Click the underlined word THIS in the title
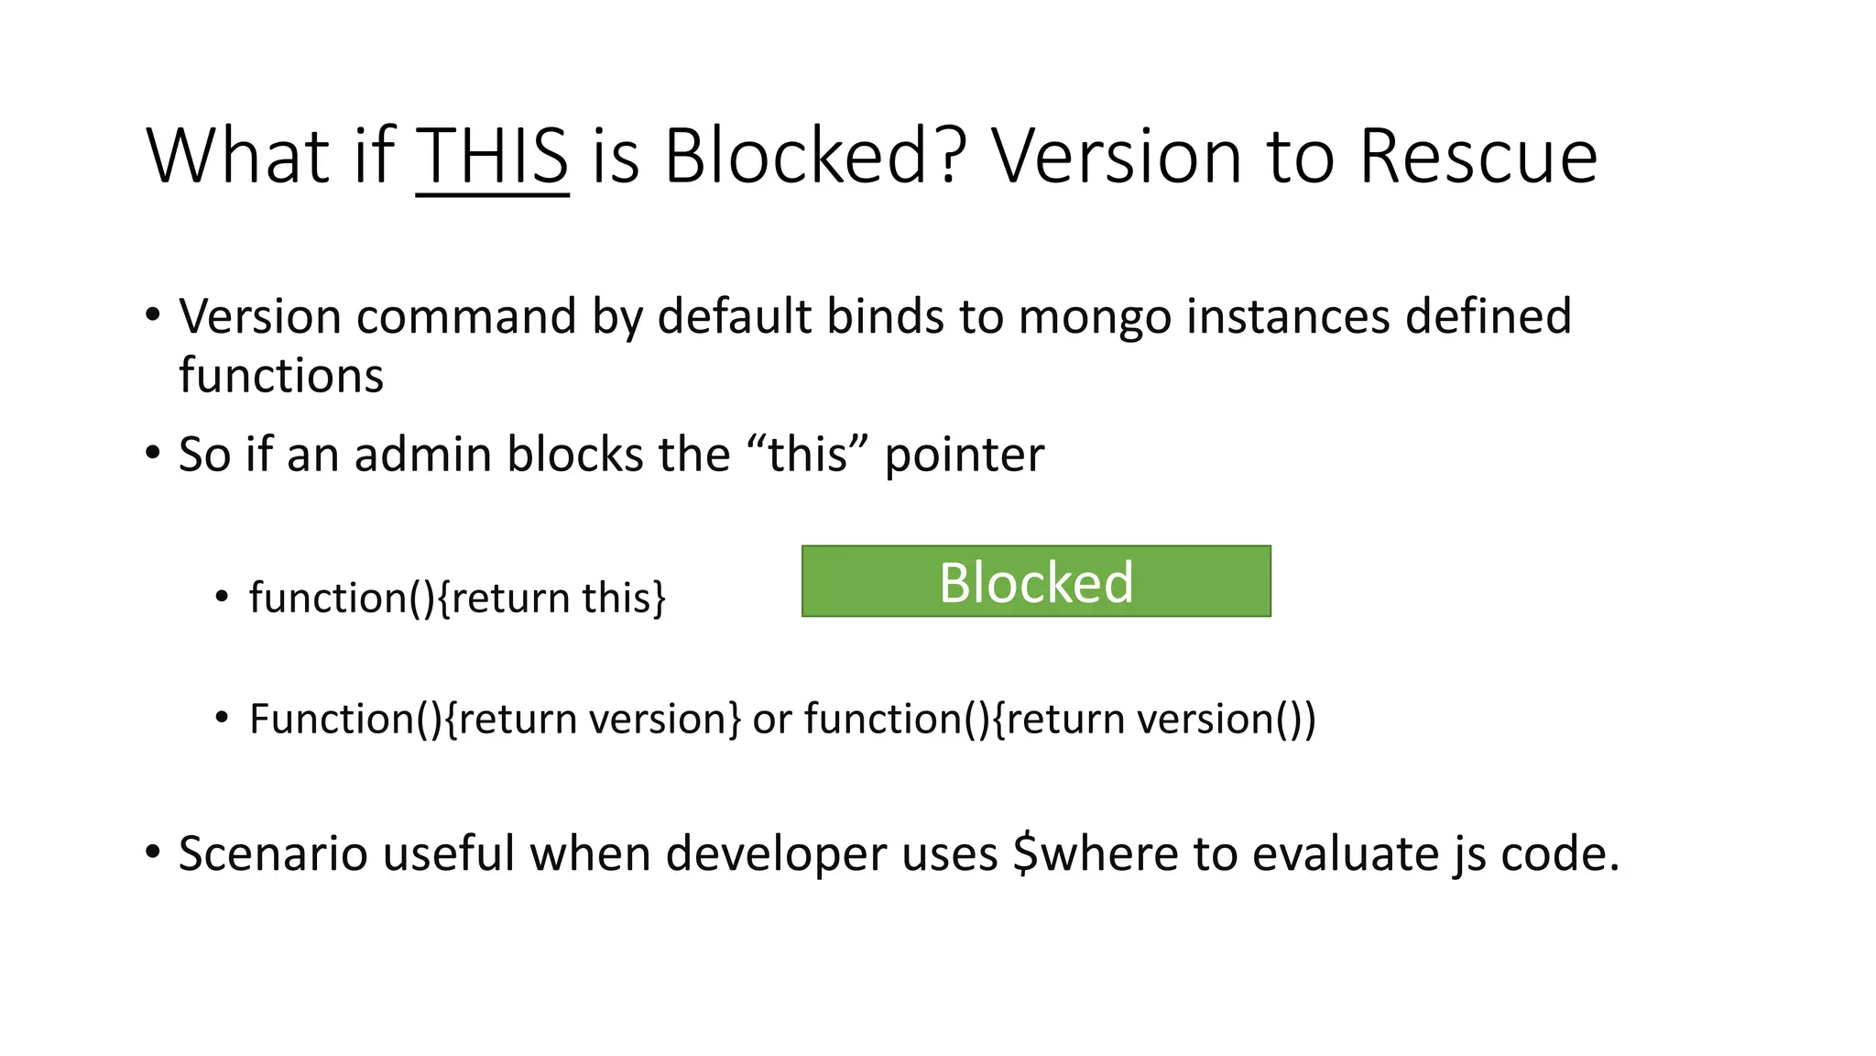click(x=492, y=157)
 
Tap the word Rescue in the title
click(x=1478, y=157)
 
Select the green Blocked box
click(x=1036, y=581)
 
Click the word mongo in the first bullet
click(x=1095, y=317)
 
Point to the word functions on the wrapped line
click(x=281, y=376)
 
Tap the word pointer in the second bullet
click(x=964, y=455)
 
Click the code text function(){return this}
click(x=457, y=599)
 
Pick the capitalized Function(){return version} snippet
click(x=495, y=719)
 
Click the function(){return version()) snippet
click(x=1060, y=719)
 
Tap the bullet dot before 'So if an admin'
click(x=153, y=453)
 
